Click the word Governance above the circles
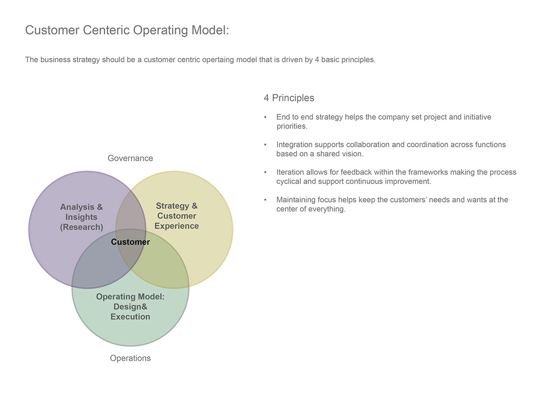[130, 158]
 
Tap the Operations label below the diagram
[130, 358]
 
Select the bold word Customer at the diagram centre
[130, 242]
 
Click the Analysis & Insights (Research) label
[81, 217]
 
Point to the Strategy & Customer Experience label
[177, 216]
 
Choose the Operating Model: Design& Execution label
[130, 307]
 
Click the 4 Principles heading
[289, 98]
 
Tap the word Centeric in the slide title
[106, 30]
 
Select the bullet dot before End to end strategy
[265, 117]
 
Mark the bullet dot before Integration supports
[265, 145]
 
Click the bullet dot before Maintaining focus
[265, 200]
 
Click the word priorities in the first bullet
[292, 126]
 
